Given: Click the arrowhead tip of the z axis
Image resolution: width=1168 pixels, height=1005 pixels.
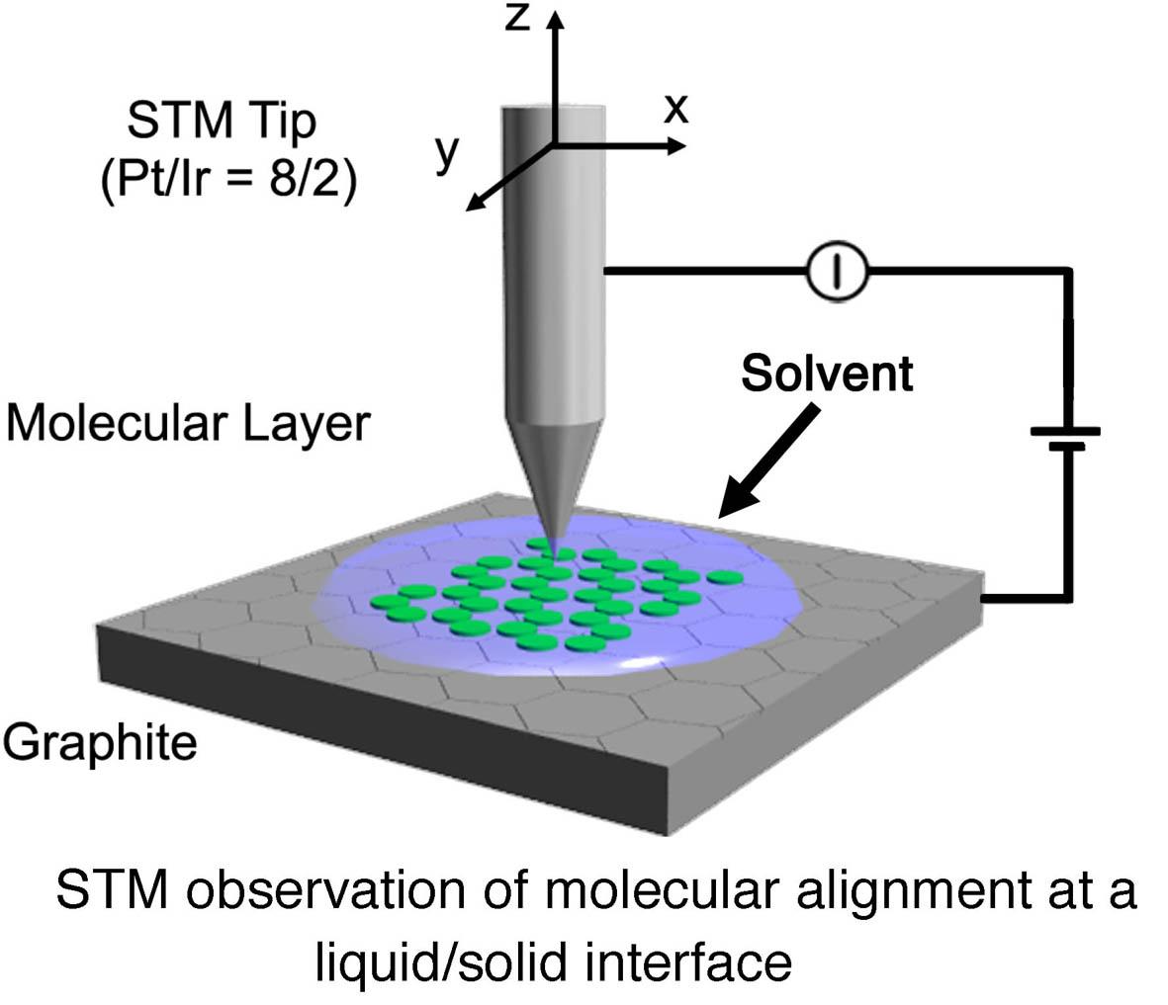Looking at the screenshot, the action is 555,11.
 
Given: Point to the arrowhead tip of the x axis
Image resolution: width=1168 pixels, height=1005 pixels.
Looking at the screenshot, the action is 686,145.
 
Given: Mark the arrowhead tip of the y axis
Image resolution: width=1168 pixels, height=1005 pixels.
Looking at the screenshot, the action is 466,210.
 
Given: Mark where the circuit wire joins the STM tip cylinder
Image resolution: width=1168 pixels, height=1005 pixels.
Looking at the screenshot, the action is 604,271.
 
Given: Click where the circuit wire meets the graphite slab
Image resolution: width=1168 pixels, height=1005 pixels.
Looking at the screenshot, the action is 983,598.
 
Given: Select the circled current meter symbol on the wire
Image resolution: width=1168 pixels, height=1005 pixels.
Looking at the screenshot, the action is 838,271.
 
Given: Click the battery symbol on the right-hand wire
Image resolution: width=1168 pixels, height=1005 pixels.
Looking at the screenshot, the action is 1066,439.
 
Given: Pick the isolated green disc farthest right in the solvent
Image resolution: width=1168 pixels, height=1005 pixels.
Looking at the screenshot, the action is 725,578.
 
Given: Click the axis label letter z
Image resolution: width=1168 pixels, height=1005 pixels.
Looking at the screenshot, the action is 517,17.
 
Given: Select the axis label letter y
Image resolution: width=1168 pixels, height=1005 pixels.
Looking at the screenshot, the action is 447,153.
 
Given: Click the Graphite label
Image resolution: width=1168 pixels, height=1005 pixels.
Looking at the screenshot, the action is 100,743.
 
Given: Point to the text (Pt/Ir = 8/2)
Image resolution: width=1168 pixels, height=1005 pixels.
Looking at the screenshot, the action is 228,179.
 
